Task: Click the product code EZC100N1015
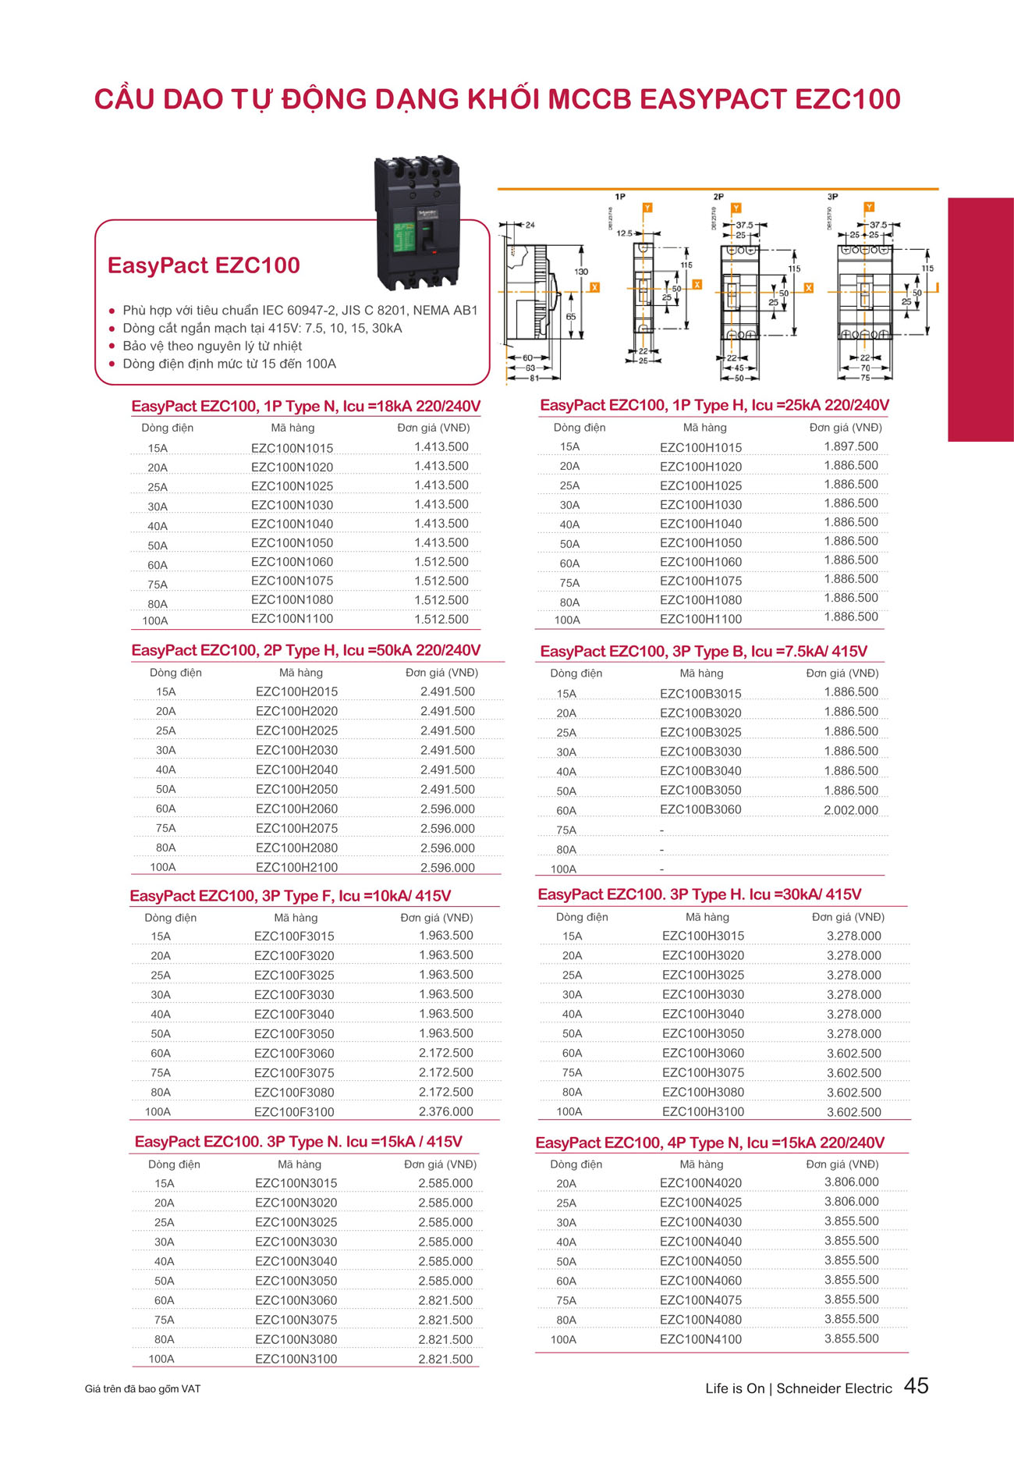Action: (x=292, y=448)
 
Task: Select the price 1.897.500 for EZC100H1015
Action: (x=850, y=446)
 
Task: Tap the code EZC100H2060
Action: (x=296, y=809)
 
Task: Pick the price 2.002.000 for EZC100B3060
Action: (x=850, y=810)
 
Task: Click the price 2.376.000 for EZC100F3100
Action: (x=445, y=1111)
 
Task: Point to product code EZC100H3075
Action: (x=703, y=1072)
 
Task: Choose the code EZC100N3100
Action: (x=296, y=1359)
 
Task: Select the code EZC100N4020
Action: (x=700, y=1183)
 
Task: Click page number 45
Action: (x=916, y=1385)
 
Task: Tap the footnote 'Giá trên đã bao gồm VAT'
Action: (x=143, y=1389)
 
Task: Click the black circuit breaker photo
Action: (x=417, y=222)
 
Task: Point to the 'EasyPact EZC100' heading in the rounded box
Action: (x=204, y=265)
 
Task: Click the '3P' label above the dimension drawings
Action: (x=832, y=197)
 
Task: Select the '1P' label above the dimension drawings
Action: (x=620, y=197)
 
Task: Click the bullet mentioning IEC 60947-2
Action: (x=300, y=310)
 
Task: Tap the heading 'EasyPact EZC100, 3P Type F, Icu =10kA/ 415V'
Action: (x=290, y=896)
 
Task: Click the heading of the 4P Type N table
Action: (x=709, y=1143)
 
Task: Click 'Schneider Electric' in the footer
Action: (x=834, y=1388)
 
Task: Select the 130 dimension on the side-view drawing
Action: (x=581, y=272)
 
